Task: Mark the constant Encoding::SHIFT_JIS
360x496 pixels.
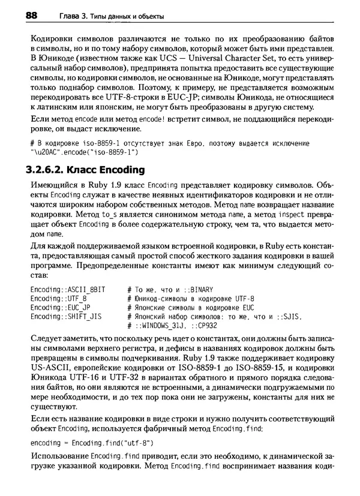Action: [x=65, y=317]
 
